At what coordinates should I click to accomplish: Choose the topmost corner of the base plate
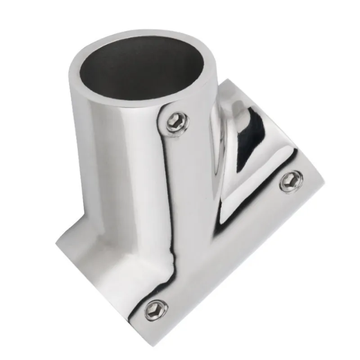[227, 81]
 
